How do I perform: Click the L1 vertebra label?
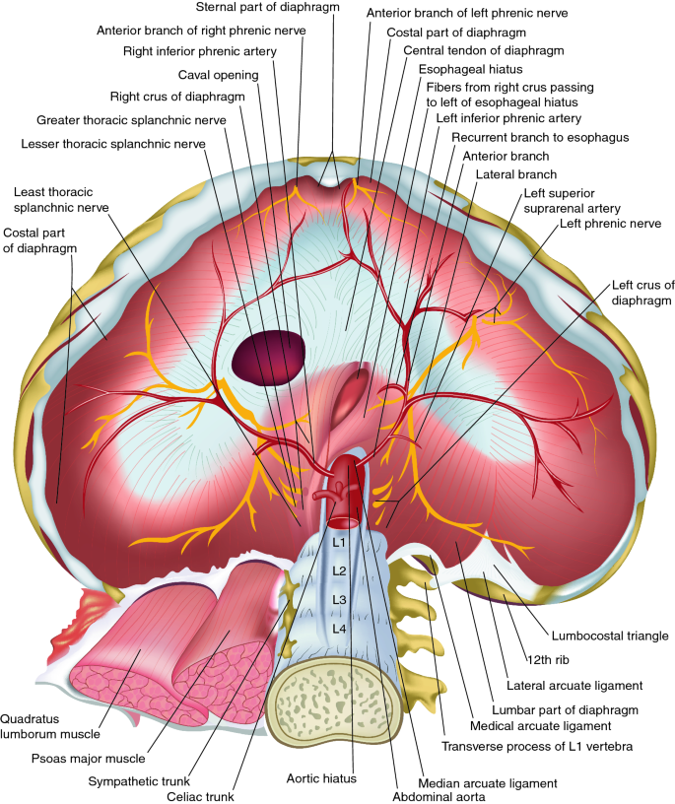click(337, 542)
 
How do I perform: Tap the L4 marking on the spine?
click(339, 628)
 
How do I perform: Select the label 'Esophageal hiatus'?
click(470, 70)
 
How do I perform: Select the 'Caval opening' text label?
click(219, 75)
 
